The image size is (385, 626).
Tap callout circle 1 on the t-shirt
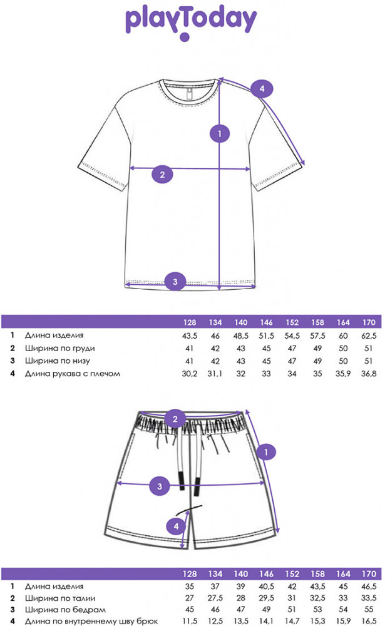coord(220,134)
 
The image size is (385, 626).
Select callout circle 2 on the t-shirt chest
coord(162,175)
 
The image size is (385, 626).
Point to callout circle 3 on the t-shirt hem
coord(175,282)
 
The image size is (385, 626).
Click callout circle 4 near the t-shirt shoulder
coord(262,89)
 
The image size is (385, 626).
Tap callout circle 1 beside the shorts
coord(266,452)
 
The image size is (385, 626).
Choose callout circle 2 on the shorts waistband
coord(175,419)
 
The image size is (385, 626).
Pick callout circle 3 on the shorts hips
coord(160,486)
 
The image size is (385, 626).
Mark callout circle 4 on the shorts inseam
coord(176,526)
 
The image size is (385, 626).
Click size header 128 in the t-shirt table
coord(190,322)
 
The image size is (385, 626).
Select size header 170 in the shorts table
coord(369,573)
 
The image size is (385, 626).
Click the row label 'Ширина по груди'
coord(60,348)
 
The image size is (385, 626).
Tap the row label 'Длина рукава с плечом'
coord(73,374)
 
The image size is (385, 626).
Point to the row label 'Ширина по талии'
coord(60,598)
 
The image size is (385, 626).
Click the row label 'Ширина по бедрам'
coord(65,610)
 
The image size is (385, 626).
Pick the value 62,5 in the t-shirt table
coord(369,336)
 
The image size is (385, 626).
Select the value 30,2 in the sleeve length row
coord(190,374)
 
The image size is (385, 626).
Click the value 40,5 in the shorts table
coord(267,587)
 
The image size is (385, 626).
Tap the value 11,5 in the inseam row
coord(190,621)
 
